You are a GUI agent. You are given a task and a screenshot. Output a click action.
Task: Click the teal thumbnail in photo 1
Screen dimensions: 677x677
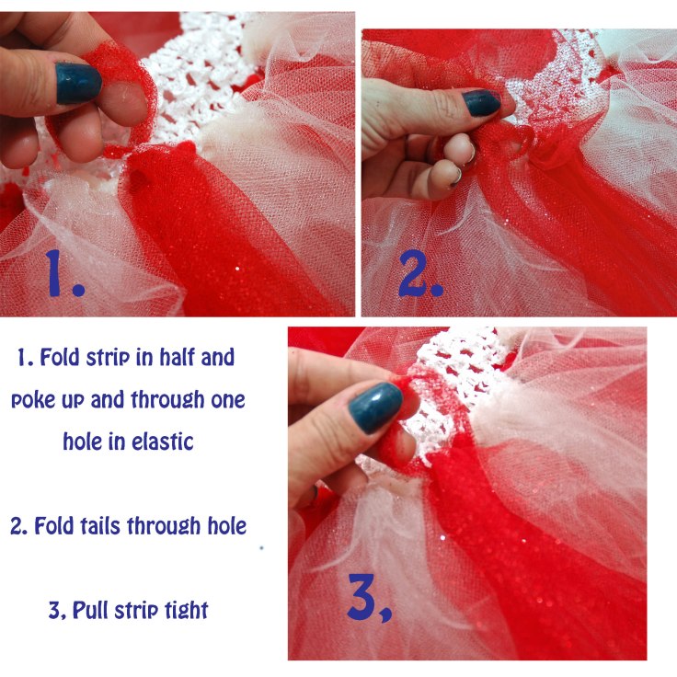tap(77, 84)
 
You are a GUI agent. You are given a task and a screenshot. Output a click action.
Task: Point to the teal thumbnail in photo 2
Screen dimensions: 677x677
tap(481, 103)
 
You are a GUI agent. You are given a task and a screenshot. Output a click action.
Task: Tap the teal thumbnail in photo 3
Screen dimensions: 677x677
tap(374, 407)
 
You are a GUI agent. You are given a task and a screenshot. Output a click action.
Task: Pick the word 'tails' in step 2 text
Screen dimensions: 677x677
tap(98, 526)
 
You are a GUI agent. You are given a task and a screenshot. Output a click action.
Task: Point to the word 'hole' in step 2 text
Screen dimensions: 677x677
tap(227, 526)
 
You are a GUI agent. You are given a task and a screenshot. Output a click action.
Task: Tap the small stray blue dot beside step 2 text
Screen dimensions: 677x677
tap(261, 548)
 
